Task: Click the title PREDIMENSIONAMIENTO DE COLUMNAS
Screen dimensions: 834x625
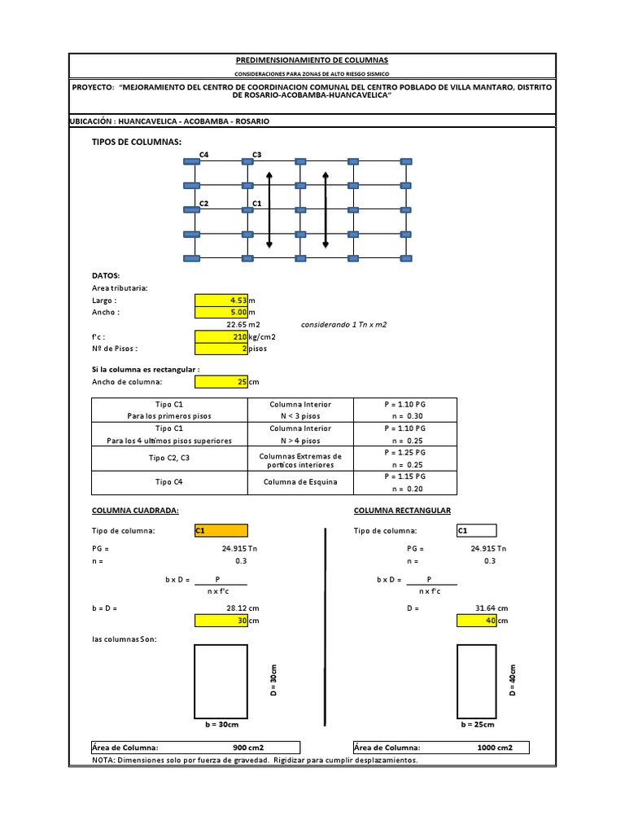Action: pyautogui.click(x=312, y=60)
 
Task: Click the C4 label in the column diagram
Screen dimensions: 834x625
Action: pyautogui.click(x=203, y=154)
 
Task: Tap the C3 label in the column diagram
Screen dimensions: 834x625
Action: pyautogui.click(x=256, y=154)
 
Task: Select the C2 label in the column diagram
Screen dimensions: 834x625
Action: pyautogui.click(x=203, y=203)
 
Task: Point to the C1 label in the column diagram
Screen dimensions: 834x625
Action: pyautogui.click(x=256, y=203)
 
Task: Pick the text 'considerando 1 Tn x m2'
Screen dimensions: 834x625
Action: pyautogui.click(x=343, y=324)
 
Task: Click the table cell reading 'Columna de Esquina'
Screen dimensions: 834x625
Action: pyautogui.click(x=300, y=482)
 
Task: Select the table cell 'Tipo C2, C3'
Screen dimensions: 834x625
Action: pyautogui.click(x=169, y=459)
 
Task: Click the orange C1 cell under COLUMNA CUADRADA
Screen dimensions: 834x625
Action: pyautogui.click(x=218, y=531)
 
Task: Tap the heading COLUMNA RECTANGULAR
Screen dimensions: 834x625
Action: pyautogui.click(x=402, y=511)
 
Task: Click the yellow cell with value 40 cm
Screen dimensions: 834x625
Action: pyautogui.click(x=482, y=621)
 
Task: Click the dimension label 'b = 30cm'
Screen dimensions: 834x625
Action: pyautogui.click(x=221, y=724)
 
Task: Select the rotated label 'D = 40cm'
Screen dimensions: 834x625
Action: pyautogui.click(x=513, y=679)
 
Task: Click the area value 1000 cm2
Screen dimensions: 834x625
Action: pyautogui.click(x=495, y=748)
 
